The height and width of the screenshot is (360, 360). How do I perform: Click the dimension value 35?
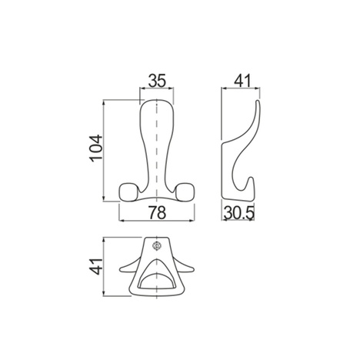coord(157,81)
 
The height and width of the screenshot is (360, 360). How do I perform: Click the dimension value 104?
coord(96,148)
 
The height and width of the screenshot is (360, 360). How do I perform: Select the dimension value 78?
coord(157,212)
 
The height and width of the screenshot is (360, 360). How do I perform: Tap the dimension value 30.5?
coord(239,212)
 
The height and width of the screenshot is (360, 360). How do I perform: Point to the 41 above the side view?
coord(242,81)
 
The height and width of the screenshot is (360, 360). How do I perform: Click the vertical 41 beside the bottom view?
coord(97,266)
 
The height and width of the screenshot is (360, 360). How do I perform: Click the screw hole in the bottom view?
coord(156,246)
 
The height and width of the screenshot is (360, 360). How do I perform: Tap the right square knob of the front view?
coord(185,192)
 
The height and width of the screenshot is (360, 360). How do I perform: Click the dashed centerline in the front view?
coord(156,149)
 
